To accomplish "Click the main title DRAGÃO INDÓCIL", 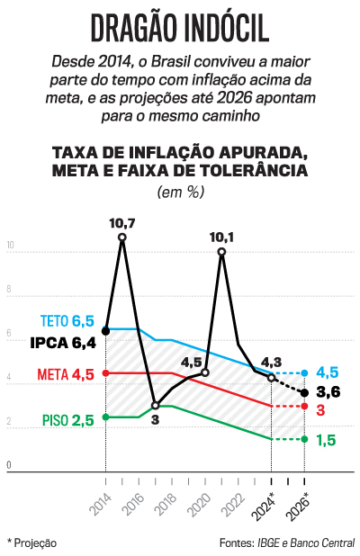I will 180,29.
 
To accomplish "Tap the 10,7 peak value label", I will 121,222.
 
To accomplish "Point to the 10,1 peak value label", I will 221,238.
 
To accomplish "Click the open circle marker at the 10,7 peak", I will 122,238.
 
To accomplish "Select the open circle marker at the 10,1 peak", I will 221,252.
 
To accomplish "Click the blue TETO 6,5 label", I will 67,320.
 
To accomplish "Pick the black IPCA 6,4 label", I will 62,343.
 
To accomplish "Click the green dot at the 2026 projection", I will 304,439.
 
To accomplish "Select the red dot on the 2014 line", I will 106,372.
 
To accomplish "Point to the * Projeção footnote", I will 31,543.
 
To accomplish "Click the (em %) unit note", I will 180,192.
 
